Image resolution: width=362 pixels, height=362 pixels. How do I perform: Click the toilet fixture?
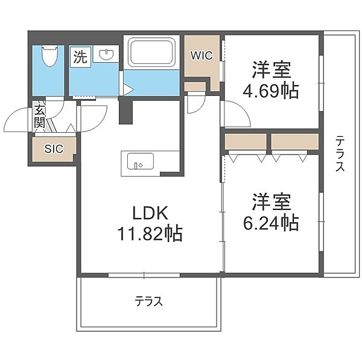[49, 56]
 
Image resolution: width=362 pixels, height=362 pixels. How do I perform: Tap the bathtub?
[151, 52]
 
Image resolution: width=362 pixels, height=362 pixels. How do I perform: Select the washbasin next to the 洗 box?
[106, 55]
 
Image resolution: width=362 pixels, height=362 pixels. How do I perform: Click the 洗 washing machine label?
[80, 57]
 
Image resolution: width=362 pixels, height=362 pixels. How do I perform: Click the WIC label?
[202, 56]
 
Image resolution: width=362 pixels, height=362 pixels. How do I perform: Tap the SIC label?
[54, 149]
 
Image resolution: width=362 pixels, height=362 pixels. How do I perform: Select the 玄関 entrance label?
[40, 117]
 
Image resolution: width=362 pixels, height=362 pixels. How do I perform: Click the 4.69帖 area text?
[270, 91]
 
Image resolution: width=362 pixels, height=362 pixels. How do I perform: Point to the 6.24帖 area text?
[271, 223]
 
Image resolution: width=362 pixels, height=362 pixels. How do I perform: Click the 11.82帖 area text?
[150, 233]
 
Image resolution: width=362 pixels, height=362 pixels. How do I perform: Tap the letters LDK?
[150, 213]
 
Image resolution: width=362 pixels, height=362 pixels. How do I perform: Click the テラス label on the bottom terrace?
[149, 301]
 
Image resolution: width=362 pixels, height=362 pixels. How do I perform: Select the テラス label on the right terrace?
[340, 153]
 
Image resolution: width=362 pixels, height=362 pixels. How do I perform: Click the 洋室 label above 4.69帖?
[271, 70]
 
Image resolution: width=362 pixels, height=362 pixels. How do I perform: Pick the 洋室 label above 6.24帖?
[271, 202]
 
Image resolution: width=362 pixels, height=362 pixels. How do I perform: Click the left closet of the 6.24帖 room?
[246, 142]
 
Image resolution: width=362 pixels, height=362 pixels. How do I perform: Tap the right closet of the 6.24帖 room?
[295, 142]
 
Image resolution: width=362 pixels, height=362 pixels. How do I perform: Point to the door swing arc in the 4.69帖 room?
[243, 110]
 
